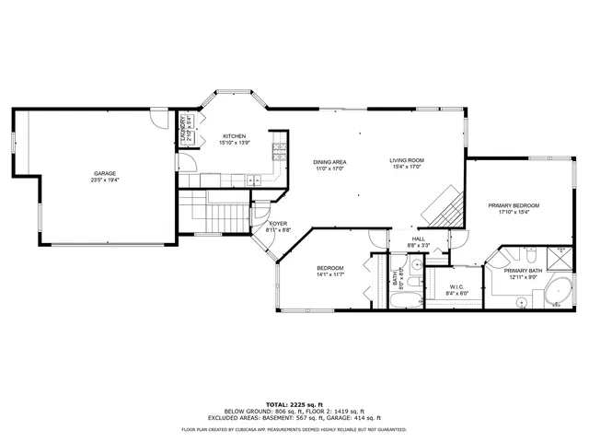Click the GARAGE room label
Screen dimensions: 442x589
point(103,173)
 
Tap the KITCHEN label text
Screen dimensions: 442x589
point(235,136)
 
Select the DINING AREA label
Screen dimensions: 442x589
point(329,162)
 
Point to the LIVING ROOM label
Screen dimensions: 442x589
point(406,161)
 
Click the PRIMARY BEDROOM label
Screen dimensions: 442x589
point(514,205)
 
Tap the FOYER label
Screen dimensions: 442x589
point(279,224)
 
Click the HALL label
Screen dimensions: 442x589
point(418,239)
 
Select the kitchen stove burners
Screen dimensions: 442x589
point(278,151)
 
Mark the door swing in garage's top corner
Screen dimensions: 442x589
point(160,120)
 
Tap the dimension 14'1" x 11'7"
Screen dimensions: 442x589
point(329,274)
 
